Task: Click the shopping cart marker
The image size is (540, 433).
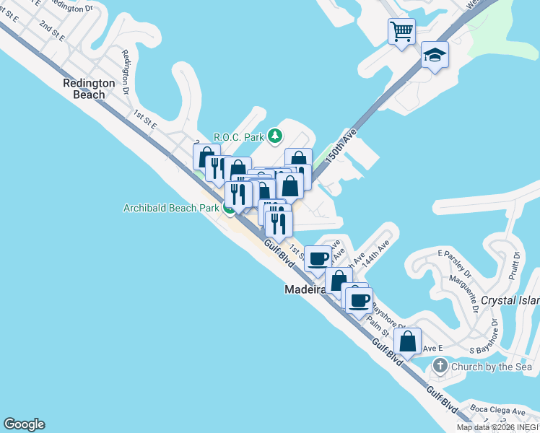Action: point(401,32)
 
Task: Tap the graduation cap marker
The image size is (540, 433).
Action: point(435,55)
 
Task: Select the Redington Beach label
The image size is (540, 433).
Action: point(89,89)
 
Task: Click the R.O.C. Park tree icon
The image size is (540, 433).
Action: point(274,135)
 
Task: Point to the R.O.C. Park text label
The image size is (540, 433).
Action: point(239,136)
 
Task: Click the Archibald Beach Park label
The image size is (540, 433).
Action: point(171,209)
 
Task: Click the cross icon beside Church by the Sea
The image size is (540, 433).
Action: point(440,367)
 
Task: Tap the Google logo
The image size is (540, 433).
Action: point(24,424)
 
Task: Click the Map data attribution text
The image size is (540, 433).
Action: point(497,427)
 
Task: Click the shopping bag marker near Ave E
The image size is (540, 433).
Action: point(407,342)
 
